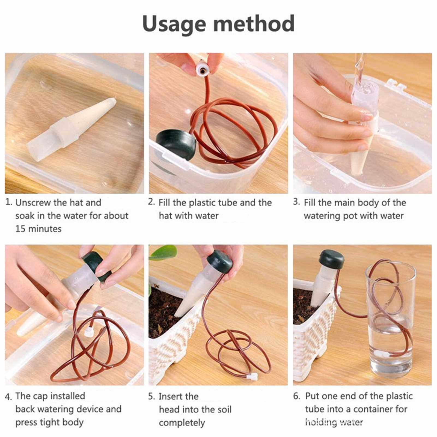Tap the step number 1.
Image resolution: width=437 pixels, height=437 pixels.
9,202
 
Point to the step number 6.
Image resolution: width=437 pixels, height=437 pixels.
297,396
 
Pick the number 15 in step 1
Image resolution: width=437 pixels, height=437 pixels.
20,228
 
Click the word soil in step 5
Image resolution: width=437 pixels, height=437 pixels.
224,409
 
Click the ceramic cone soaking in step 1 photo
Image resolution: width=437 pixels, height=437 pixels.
72,126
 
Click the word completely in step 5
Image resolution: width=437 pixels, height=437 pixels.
182,423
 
